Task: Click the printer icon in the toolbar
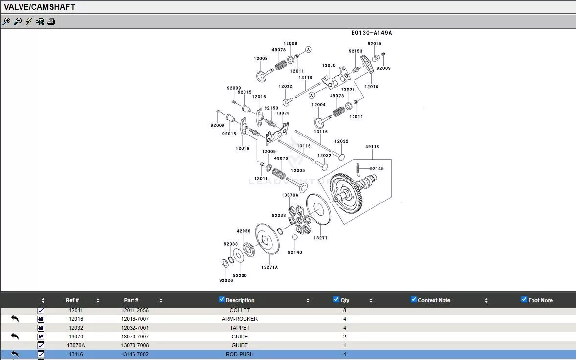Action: point(51,22)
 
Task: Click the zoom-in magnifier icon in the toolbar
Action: point(6,22)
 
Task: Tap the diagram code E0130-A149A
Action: point(372,33)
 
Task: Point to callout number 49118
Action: point(372,147)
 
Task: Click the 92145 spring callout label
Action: point(377,169)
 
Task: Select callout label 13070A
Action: point(289,195)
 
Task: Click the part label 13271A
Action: point(269,267)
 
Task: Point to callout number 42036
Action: point(244,231)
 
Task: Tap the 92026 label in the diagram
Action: point(226,280)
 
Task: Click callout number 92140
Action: point(295,252)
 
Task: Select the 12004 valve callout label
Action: point(318,105)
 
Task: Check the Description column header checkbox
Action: point(222,300)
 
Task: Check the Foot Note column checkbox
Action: point(524,300)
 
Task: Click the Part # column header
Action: point(131,300)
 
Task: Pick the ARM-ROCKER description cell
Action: point(240,319)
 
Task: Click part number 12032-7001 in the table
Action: point(135,328)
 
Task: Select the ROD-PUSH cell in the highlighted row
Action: point(240,354)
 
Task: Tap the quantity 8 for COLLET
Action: point(345,310)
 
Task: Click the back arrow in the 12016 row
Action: point(15,319)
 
